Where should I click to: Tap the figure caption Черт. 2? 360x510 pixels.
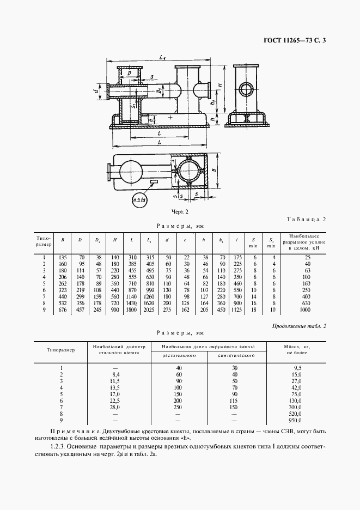180,211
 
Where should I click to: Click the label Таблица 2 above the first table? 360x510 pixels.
306,220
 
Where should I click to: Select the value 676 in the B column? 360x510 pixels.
63,310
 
